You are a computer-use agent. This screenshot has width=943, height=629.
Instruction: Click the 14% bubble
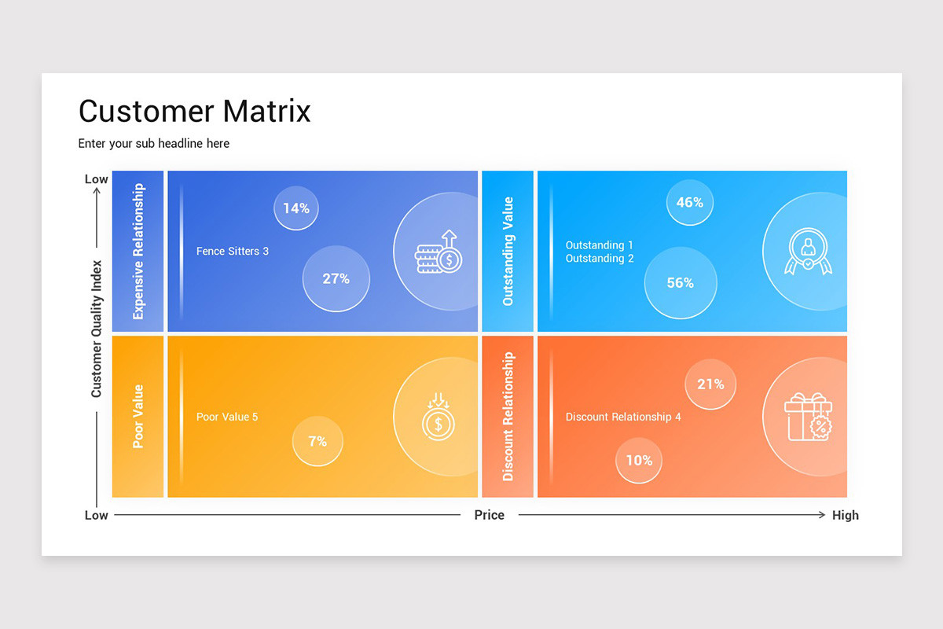[296, 208]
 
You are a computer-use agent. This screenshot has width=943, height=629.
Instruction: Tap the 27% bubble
[336, 278]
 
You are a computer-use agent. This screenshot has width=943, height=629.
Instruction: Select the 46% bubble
[689, 202]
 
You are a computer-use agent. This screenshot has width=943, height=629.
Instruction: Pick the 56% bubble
[680, 282]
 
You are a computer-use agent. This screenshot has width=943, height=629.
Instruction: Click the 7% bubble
[317, 441]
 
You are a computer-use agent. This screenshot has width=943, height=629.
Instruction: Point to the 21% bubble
[710, 384]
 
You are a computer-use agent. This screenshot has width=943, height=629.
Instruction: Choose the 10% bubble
[639, 460]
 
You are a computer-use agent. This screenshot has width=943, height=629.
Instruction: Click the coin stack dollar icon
[438, 252]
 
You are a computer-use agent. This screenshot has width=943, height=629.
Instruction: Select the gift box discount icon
[808, 417]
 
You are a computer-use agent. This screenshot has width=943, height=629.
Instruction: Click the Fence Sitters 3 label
[233, 252]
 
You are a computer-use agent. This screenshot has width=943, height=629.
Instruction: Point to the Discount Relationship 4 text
[623, 417]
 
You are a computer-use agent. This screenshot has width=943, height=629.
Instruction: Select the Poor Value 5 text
[227, 417]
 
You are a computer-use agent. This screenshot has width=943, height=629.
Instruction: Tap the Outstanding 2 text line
[600, 259]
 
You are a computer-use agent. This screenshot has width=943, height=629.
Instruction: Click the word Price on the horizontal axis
[489, 515]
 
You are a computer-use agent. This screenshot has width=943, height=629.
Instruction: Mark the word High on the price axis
[845, 516]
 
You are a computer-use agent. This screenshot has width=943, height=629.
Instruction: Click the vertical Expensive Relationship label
[138, 252]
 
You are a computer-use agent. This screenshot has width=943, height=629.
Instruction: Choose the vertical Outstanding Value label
[508, 252]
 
